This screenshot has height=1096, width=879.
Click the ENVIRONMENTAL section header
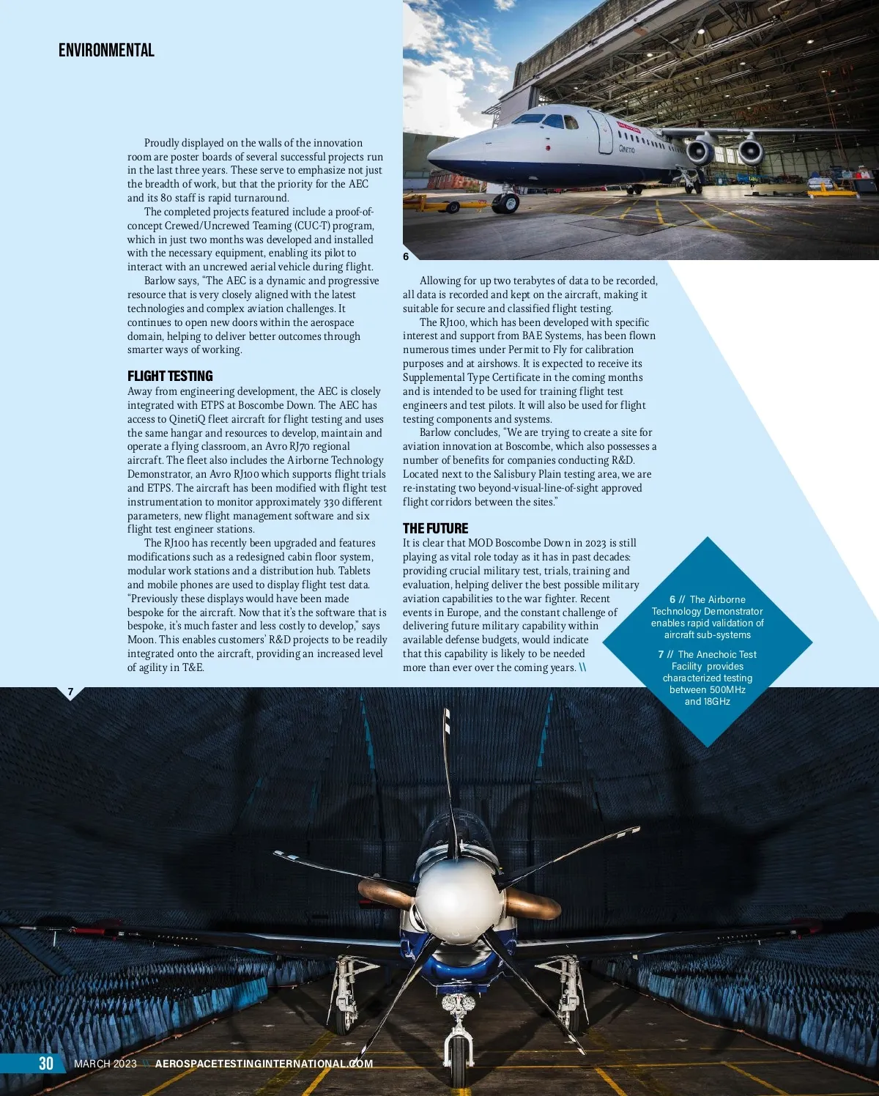pos(106,50)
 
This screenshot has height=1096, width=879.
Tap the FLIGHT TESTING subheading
pos(170,376)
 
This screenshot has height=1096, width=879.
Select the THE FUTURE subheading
pos(435,528)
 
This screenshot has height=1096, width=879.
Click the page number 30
pos(46,1063)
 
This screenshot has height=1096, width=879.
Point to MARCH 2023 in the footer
pos(105,1064)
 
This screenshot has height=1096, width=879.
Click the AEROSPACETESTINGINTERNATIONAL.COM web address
pos(264,1064)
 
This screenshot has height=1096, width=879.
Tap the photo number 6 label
pos(406,256)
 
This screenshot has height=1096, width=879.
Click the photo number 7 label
pos(70,692)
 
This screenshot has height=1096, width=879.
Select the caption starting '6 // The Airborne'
pos(707,617)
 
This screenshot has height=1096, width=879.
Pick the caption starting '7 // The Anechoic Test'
pos(707,678)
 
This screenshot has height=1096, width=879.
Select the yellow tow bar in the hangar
pos(432,202)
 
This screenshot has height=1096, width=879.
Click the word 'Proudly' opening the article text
pos(161,143)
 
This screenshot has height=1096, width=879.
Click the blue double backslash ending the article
pos(582,667)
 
